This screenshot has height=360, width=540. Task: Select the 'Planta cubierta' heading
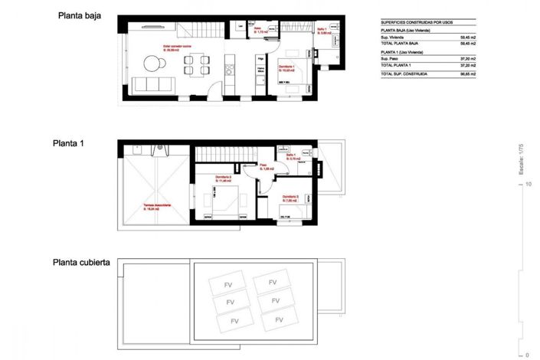pos(80,262)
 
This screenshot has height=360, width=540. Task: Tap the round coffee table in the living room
pos(150,62)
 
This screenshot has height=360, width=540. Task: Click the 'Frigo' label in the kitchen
pos(260,58)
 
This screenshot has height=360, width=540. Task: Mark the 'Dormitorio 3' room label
pos(290,198)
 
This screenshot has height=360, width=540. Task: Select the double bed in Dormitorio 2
pos(226,197)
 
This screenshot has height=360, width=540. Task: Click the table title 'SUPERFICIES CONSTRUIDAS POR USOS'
pos(418,22)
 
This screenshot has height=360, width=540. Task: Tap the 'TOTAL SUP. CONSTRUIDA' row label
pos(405,74)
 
